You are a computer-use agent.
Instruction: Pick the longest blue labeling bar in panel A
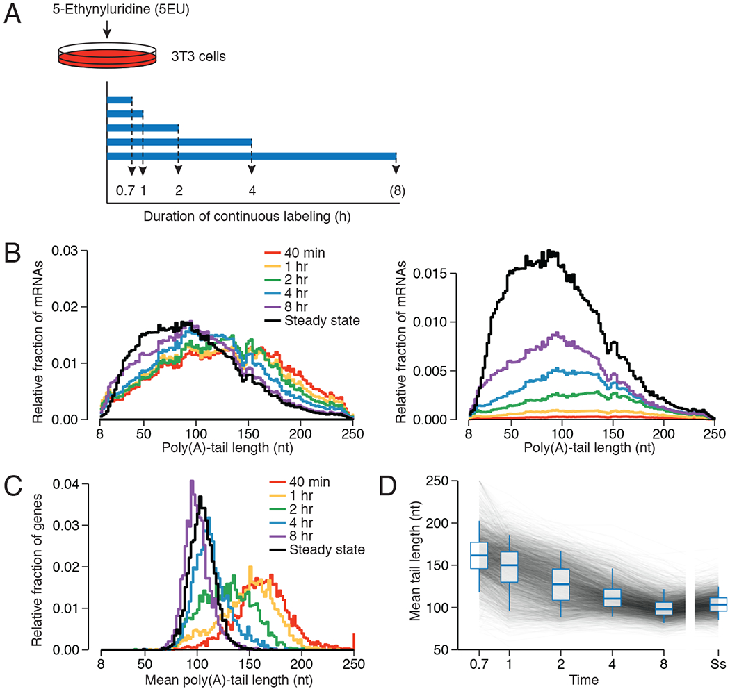click(251, 156)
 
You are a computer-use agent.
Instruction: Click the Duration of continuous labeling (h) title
click(246, 216)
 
